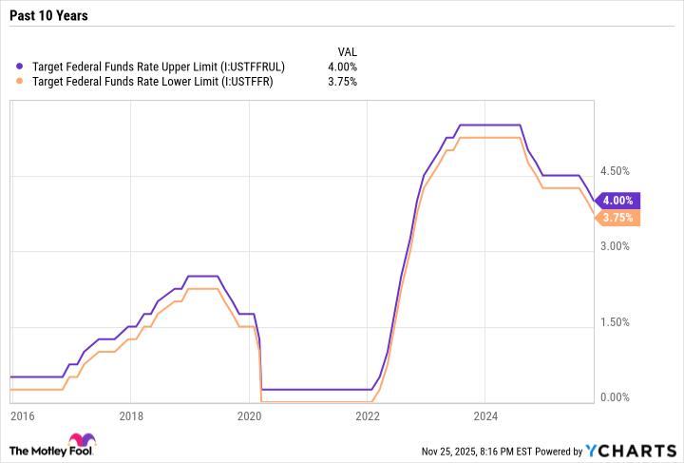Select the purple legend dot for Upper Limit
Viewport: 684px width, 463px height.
(x=22, y=67)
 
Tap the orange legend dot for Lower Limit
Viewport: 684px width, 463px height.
(x=22, y=82)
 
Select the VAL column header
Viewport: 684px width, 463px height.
(x=348, y=51)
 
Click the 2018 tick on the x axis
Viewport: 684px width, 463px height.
(x=131, y=415)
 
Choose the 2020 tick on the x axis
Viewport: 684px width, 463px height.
(x=249, y=415)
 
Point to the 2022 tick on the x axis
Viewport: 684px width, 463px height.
(x=367, y=415)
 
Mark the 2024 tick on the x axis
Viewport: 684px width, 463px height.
(x=484, y=415)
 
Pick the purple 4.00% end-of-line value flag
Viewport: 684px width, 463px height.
(x=618, y=201)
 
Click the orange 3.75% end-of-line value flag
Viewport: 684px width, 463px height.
(x=618, y=218)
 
